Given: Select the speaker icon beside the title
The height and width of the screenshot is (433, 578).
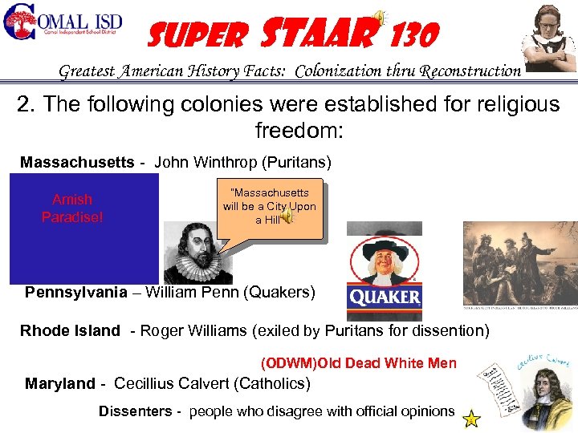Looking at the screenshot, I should pos(381,18).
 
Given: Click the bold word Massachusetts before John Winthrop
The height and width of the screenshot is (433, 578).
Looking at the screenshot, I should pos(77,163).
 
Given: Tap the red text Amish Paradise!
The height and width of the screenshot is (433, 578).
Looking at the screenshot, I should pos(72,208).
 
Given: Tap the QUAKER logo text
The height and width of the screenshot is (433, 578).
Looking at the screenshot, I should pos(385,297).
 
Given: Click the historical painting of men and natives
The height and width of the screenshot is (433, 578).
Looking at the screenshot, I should pos(519,263).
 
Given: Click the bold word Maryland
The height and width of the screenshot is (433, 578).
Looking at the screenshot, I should pos(59,384).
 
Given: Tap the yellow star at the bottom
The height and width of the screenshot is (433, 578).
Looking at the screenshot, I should pos(471,419).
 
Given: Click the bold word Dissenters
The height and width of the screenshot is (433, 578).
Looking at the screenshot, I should pos(135,411).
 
